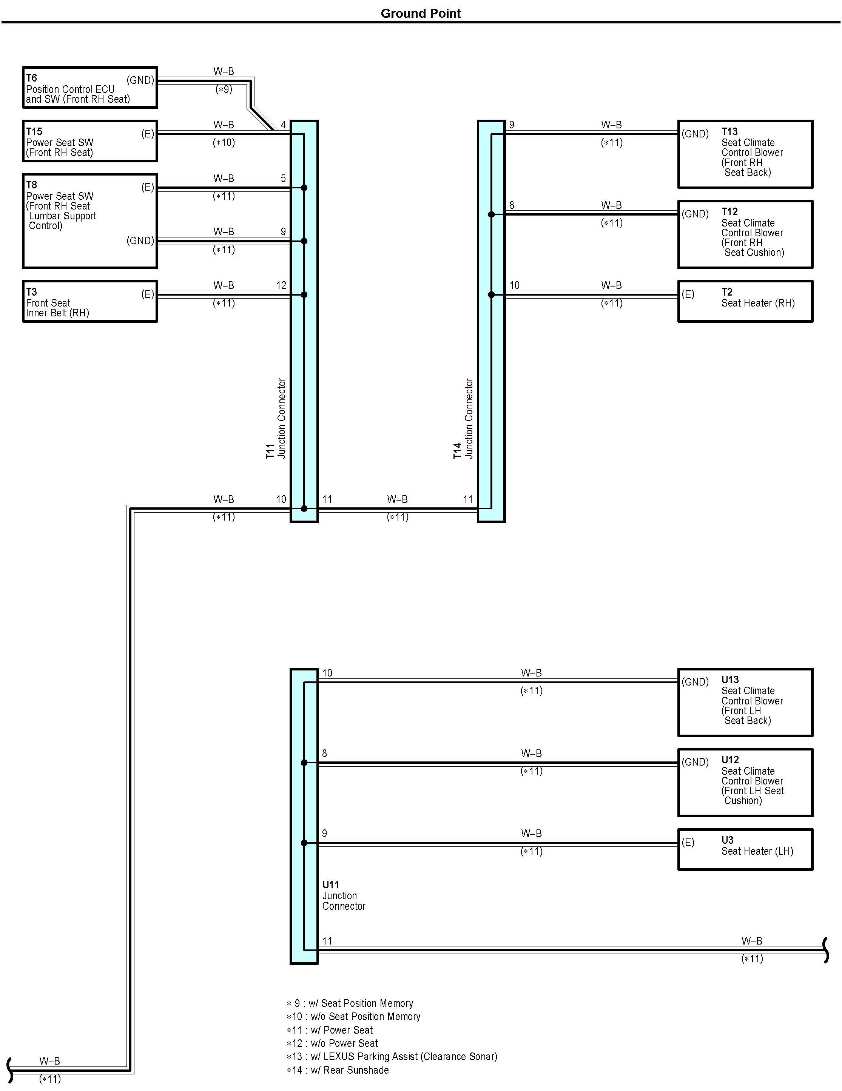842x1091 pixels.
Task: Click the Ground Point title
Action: (x=420, y=14)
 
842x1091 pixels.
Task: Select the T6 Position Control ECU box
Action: (x=90, y=88)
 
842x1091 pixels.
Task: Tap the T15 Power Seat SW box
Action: (x=90, y=141)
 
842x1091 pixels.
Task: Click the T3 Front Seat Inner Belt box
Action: (x=90, y=301)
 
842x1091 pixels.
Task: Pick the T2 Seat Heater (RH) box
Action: (x=745, y=301)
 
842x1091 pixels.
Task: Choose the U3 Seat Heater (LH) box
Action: (x=745, y=850)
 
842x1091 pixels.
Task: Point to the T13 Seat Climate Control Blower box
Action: (x=745, y=154)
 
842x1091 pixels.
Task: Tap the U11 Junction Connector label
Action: (x=344, y=895)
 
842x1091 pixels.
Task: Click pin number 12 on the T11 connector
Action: (x=281, y=285)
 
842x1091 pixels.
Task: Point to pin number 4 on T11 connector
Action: (x=283, y=125)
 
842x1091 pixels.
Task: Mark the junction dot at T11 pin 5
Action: (x=304, y=188)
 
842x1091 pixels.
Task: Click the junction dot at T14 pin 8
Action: (x=491, y=214)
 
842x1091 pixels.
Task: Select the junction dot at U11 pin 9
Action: (x=304, y=843)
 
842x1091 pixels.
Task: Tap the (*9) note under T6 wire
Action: (x=224, y=89)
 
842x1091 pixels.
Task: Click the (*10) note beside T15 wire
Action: (x=224, y=143)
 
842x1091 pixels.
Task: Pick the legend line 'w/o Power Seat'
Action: (x=332, y=1043)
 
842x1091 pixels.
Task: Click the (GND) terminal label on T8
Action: (x=140, y=241)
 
